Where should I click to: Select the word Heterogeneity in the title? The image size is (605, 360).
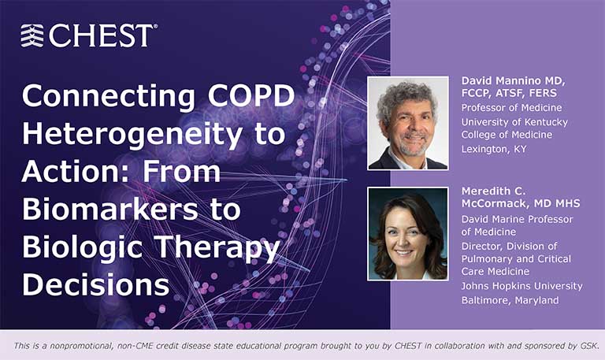pos(129,134)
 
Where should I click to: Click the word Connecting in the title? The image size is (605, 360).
pos(94,97)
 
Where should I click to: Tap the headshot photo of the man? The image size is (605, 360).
pos(407,123)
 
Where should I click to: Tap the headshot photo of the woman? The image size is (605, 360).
pos(407,234)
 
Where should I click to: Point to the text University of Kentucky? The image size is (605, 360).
pos(514,121)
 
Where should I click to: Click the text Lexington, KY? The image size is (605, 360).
pos(494,147)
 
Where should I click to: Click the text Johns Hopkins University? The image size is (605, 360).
pos(521,286)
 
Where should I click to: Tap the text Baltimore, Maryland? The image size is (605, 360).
pos(509,300)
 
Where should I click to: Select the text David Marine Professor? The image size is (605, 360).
pos(517,219)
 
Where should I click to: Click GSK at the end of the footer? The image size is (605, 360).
pos(588,345)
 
